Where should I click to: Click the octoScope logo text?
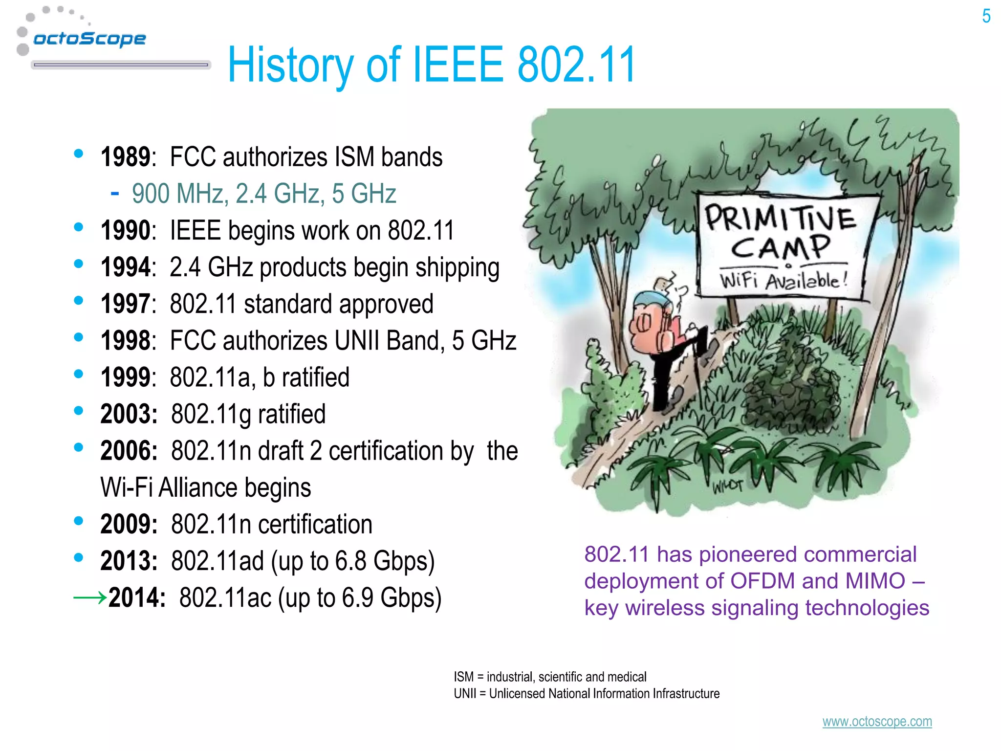pyautogui.click(x=89, y=39)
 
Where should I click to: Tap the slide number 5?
pyautogui.click(x=986, y=17)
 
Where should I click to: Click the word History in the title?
pyautogui.click(x=290, y=65)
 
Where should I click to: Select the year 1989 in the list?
pyautogui.click(x=125, y=157)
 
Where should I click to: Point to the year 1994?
pyautogui.click(x=125, y=267)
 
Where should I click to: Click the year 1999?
pyautogui.click(x=125, y=377)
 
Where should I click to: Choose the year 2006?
pyautogui.click(x=129, y=451)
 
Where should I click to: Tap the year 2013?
pyautogui.click(x=129, y=561)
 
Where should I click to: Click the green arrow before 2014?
pyautogui.click(x=90, y=597)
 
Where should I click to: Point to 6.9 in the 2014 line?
pyautogui.click(x=358, y=597)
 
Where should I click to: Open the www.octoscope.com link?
pyautogui.click(x=877, y=722)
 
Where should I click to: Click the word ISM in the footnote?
pyautogui.click(x=463, y=677)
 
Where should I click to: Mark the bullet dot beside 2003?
pyautogui.click(x=78, y=411)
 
